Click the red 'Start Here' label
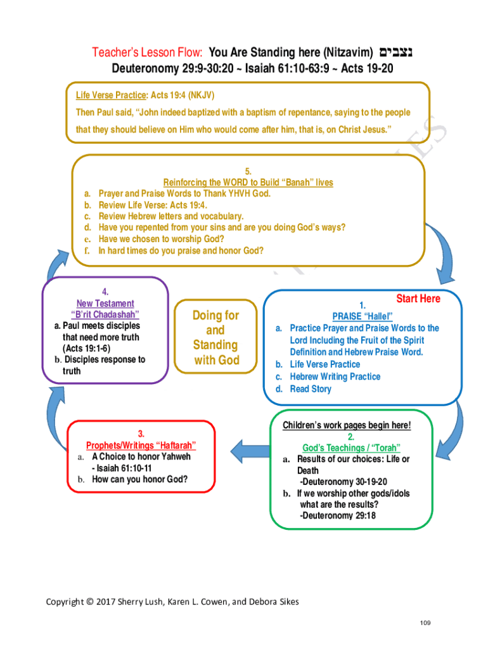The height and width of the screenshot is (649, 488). [x=418, y=299]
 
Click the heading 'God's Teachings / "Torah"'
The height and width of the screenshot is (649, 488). [x=351, y=447]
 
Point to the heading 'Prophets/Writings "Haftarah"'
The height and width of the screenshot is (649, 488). [x=141, y=445]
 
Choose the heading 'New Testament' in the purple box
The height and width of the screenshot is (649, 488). [x=105, y=304]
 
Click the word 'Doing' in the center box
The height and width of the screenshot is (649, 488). [x=215, y=315]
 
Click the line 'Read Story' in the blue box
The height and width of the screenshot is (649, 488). [x=311, y=389]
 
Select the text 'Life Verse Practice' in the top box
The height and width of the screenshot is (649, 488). [x=111, y=95]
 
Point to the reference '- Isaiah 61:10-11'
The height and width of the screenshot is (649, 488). [x=121, y=468]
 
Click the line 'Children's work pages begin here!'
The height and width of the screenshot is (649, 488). [x=347, y=425]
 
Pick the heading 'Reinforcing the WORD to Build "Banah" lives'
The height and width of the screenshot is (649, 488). [x=248, y=182]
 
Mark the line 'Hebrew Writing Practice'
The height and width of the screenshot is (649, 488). [x=335, y=376]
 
